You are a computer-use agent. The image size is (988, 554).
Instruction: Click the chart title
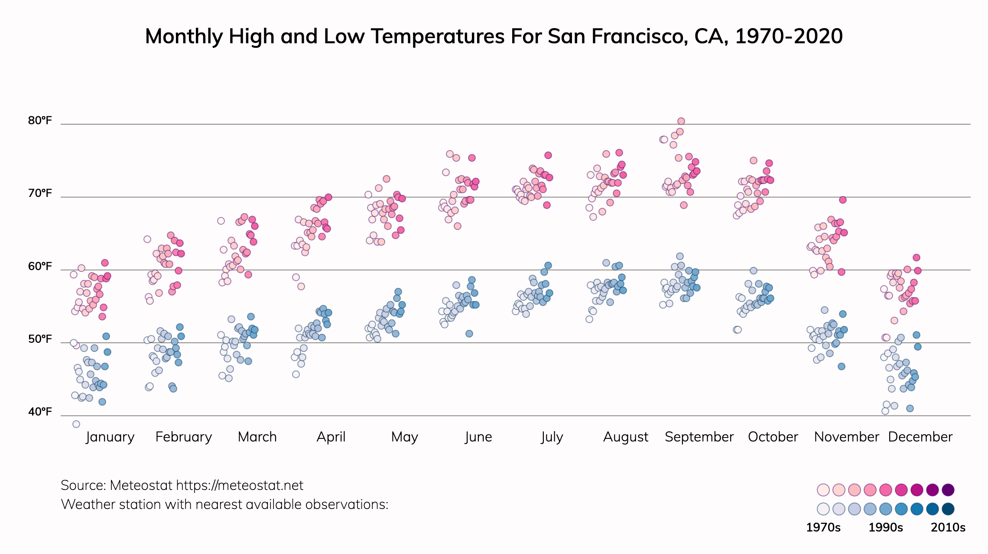494,36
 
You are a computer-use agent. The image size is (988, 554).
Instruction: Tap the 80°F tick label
40,120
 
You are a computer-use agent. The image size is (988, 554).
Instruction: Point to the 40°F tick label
40,412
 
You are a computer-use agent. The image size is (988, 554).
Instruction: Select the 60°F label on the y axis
40,266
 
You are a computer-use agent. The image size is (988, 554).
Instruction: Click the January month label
110,437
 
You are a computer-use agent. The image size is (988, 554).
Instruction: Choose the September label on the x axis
699,437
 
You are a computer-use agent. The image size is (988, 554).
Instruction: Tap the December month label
920,437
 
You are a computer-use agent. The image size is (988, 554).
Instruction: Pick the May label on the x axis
404,437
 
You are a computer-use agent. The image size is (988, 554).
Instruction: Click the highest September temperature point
681,121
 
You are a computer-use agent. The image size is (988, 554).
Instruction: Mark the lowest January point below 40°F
76,424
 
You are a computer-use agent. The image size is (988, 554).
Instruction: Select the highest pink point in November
843,200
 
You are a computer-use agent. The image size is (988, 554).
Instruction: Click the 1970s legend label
823,528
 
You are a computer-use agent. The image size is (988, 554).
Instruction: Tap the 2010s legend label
948,528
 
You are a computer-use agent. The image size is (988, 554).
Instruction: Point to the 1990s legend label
886,528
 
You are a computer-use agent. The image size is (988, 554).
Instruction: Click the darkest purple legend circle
948,490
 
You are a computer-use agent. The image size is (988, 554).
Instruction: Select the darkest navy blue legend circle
948,509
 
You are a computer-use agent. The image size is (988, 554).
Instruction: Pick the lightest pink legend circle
823,490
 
